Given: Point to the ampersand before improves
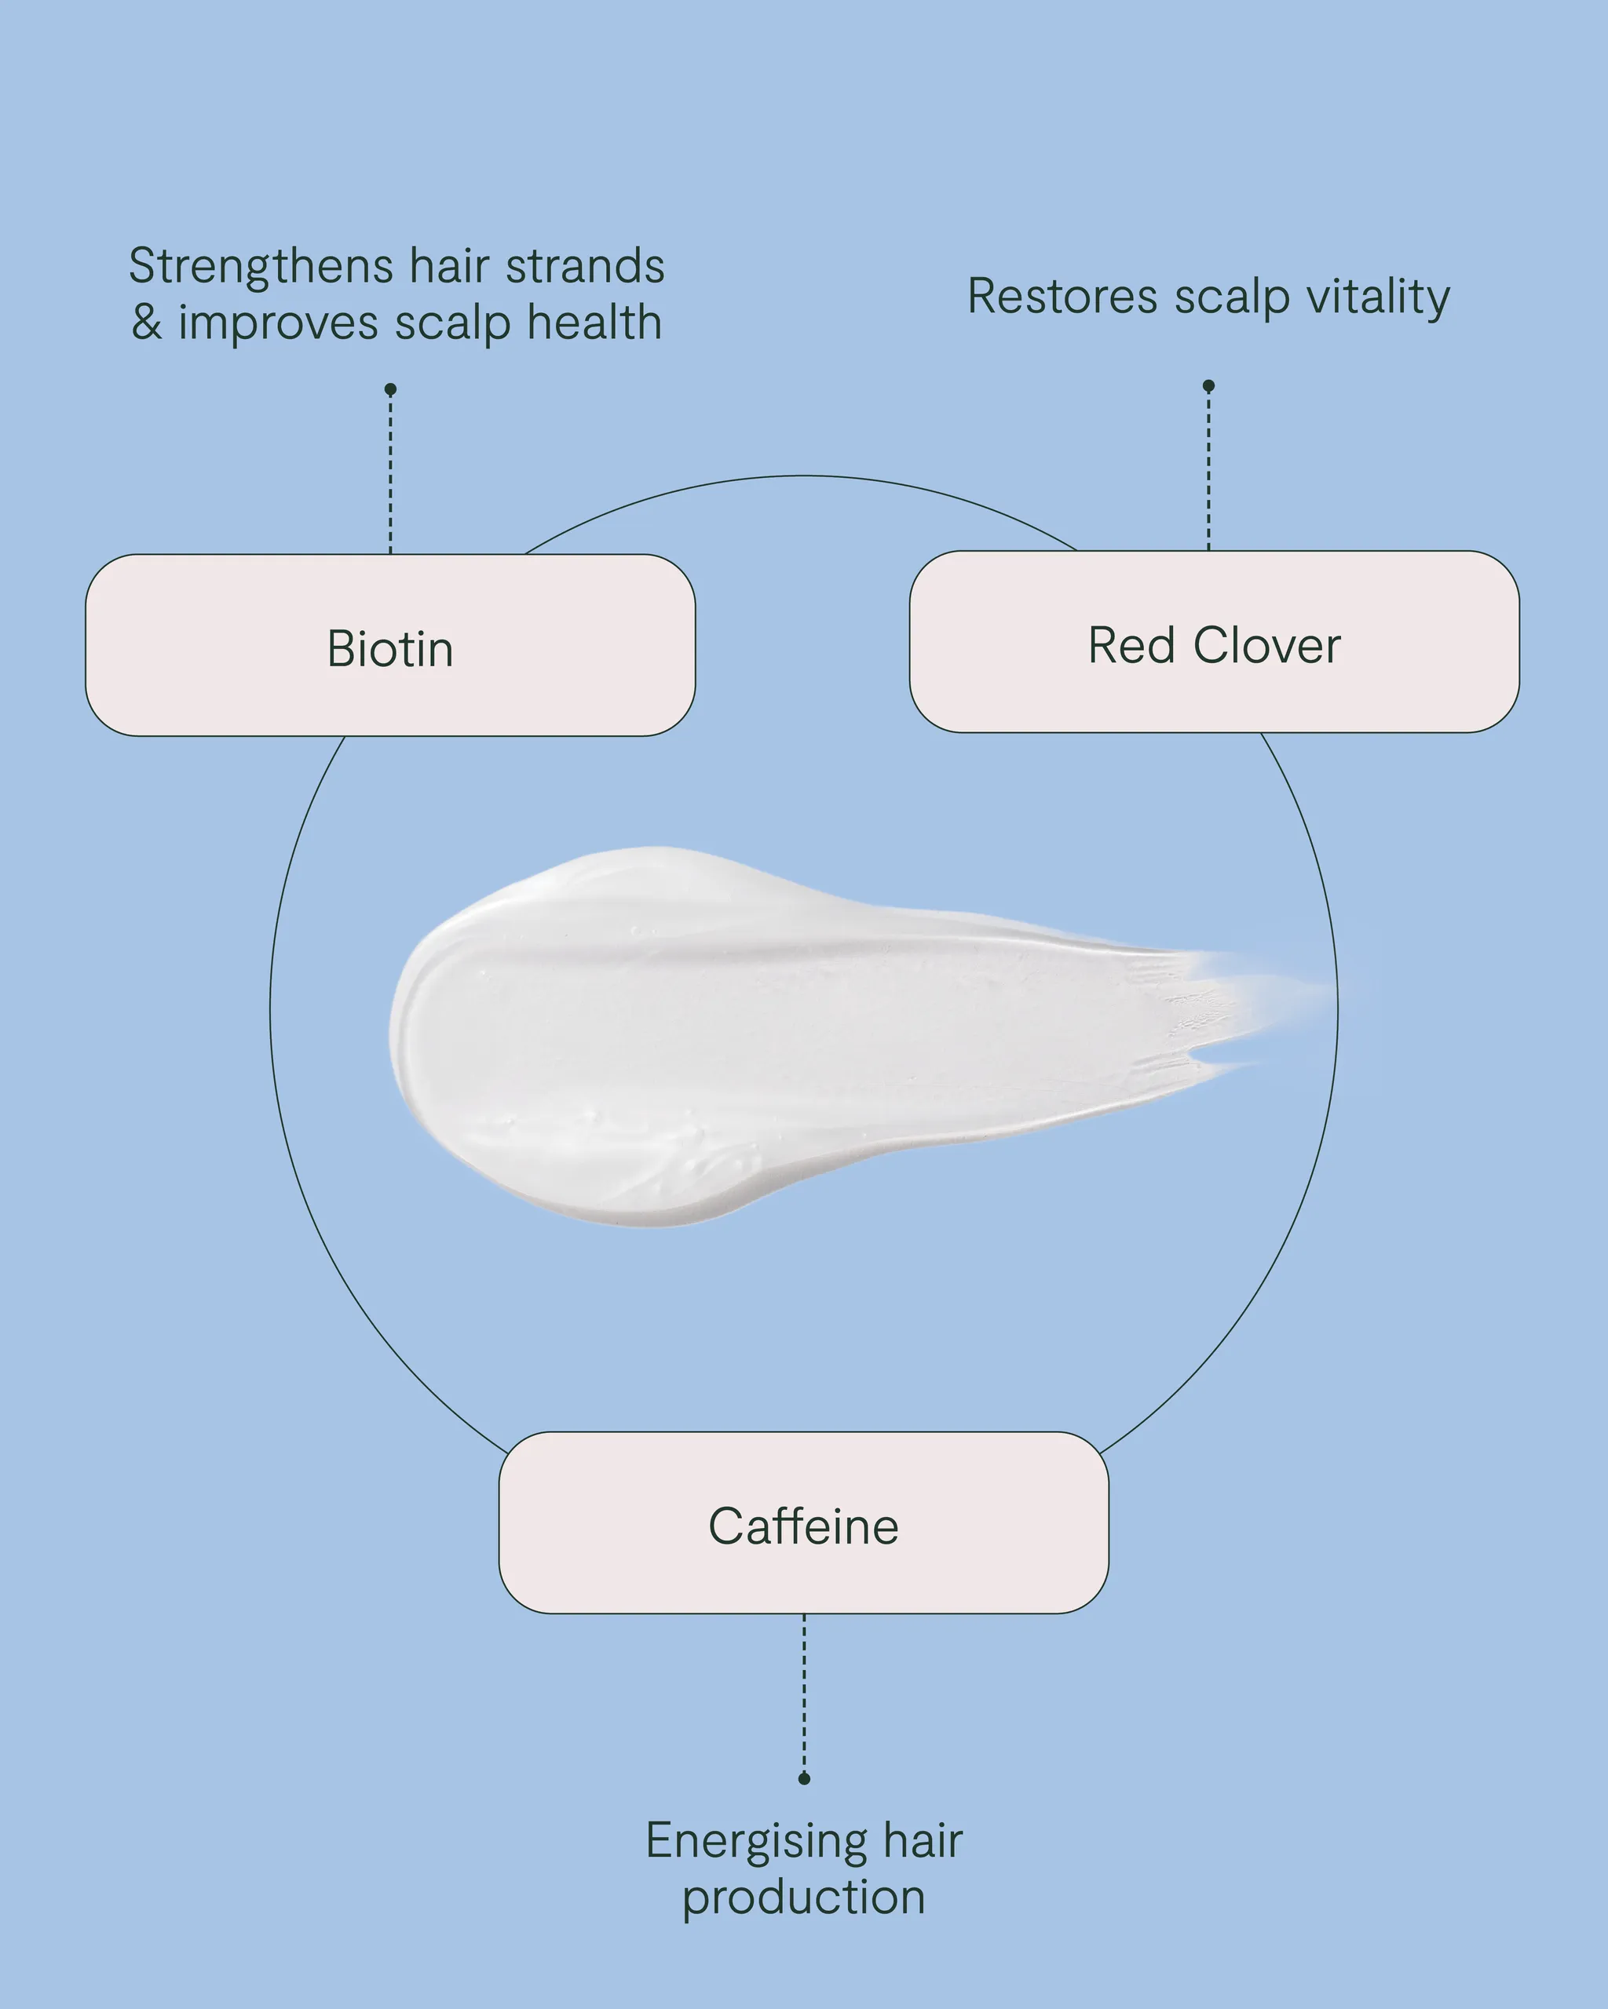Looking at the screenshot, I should (x=148, y=323).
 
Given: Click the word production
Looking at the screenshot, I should (x=803, y=1898).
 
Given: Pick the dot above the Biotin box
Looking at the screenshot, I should (x=390, y=388).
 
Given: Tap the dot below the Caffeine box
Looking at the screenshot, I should (x=805, y=1778).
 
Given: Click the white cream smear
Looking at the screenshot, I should (x=746, y=1034).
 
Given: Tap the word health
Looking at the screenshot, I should (x=594, y=323).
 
